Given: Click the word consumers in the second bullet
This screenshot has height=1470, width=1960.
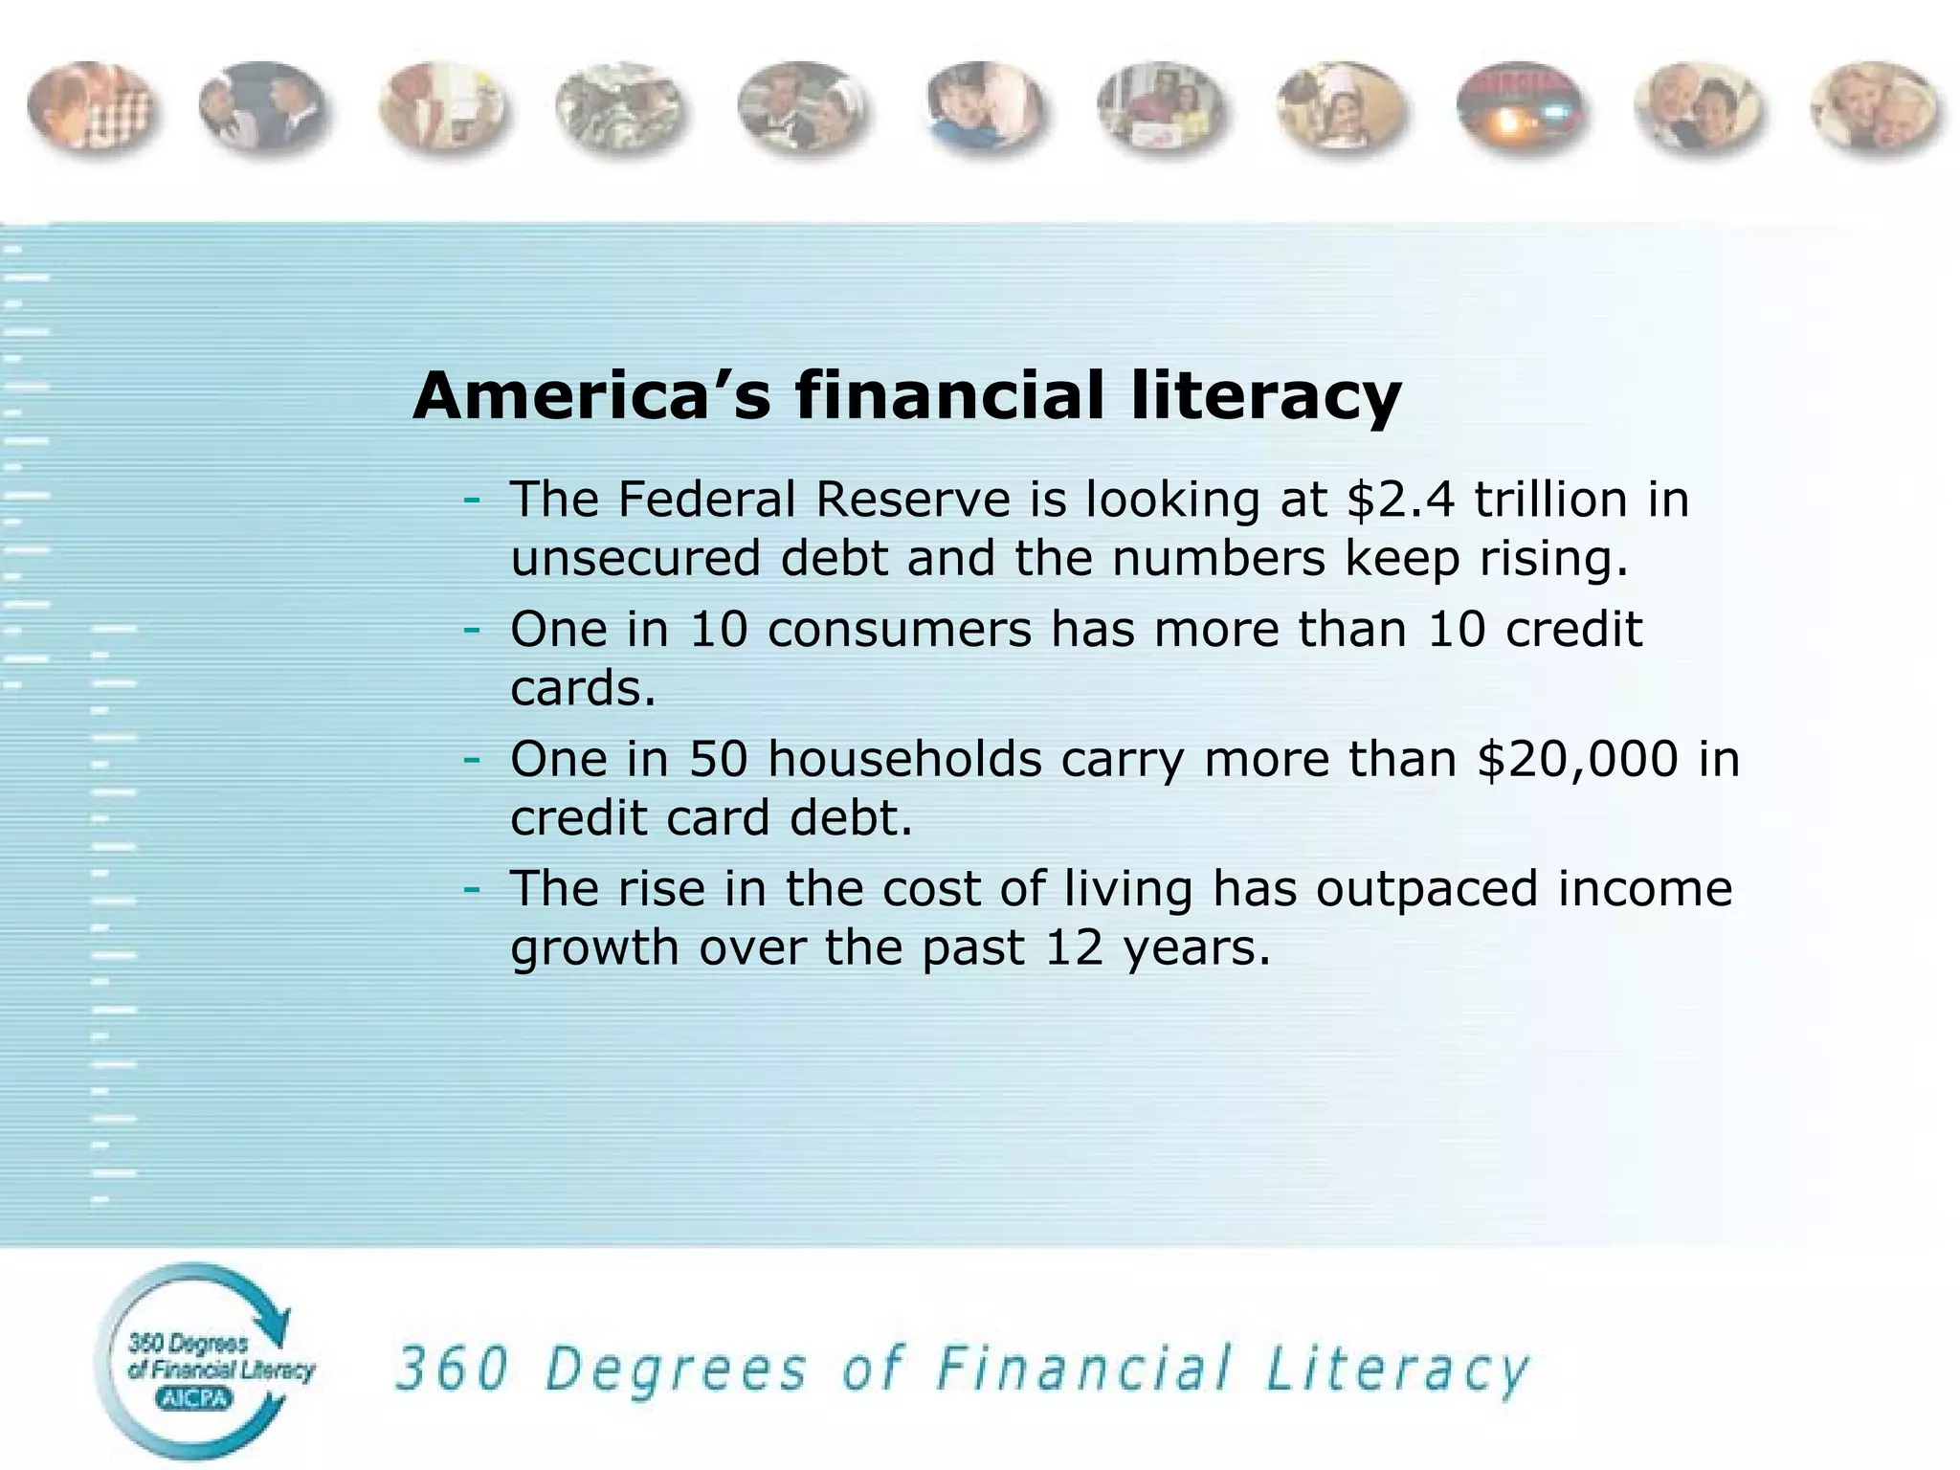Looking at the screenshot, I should pyautogui.click(x=900, y=630).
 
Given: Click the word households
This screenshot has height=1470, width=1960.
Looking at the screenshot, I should pyautogui.click(x=904, y=760).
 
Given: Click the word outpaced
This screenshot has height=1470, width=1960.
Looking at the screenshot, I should pyautogui.click(x=1426, y=890).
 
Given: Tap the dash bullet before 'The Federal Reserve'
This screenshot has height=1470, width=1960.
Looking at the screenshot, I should pyautogui.click(x=471, y=501).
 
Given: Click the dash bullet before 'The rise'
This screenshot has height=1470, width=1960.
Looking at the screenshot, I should pyautogui.click(x=471, y=890).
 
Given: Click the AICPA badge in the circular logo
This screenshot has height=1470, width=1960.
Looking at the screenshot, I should pyautogui.click(x=194, y=1399).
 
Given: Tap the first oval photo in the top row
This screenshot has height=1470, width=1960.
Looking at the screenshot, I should pyautogui.click(x=91, y=108).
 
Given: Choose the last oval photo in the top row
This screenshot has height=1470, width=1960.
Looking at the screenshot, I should pyautogui.click(x=1876, y=108).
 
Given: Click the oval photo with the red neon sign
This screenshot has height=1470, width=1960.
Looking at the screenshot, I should pyautogui.click(x=1519, y=108).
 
